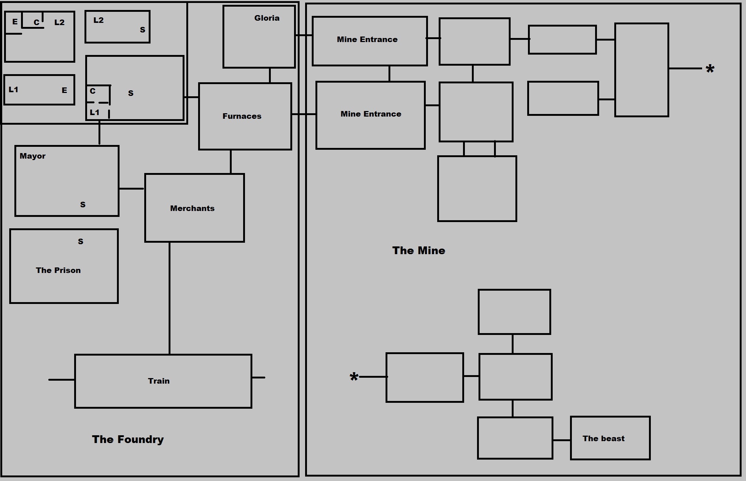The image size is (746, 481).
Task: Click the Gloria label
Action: point(267,18)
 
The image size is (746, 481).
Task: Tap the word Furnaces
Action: point(242,116)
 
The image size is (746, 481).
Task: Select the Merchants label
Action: point(192,208)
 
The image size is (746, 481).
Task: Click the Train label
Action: point(159,381)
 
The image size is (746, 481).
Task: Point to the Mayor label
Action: point(32,156)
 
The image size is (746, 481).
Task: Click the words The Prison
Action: point(58,270)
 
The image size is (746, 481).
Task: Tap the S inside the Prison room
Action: point(80,242)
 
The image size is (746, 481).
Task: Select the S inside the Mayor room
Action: point(83,205)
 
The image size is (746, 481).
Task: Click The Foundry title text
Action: point(128,439)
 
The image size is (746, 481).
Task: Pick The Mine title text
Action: point(418,251)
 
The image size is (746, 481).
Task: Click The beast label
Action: point(603,439)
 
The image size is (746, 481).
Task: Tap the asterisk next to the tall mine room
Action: point(710,69)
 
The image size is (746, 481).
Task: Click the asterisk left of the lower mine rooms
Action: point(354,377)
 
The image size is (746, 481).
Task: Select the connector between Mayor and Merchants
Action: point(131,189)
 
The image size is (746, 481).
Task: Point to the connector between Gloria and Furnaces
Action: point(270,76)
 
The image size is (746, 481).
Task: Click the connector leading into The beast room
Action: point(562,440)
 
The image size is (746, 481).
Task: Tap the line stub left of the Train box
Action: point(61,380)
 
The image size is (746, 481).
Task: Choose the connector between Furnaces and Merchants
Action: point(231,162)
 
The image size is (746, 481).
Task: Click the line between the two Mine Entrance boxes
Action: point(389,74)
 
